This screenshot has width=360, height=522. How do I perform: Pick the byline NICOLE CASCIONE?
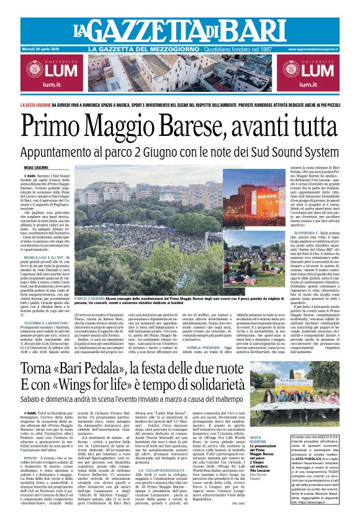tap(37, 168)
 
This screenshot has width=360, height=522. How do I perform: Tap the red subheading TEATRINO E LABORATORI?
tap(46, 305)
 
